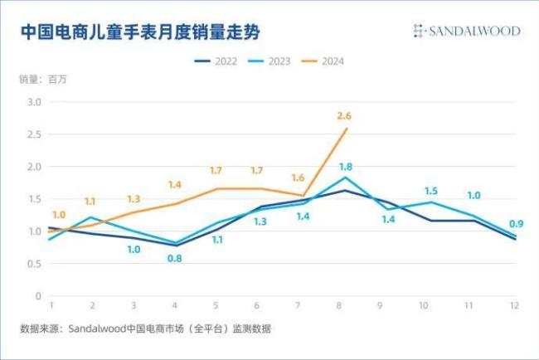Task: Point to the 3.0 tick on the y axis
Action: tap(34, 102)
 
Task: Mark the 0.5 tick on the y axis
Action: tap(34, 264)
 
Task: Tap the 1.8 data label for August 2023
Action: tap(347, 167)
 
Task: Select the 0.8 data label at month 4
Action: tap(175, 259)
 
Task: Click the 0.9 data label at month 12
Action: tap(516, 223)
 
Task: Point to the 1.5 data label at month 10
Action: tap(431, 191)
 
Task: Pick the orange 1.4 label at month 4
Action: tap(175, 185)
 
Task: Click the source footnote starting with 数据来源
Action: tap(145, 329)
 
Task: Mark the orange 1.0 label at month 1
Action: tap(59, 215)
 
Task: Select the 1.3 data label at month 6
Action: tap(260, 221)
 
